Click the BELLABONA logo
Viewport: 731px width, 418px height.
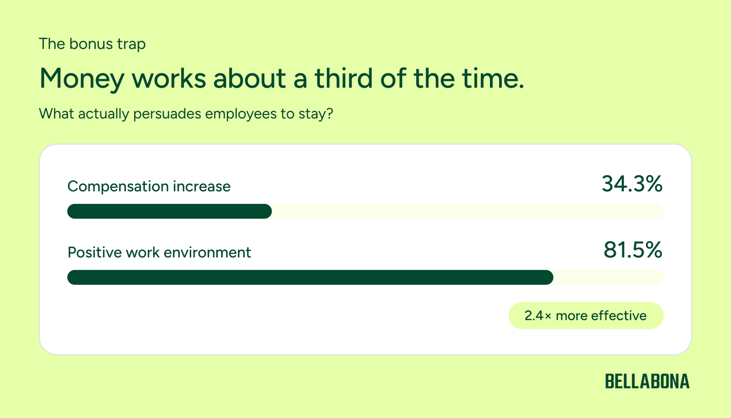[647, 381]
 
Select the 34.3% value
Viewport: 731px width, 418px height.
[632, 184]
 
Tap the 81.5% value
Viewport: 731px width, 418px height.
[633, 250]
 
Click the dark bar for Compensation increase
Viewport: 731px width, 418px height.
[169, 211]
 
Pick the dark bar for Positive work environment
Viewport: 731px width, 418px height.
[310, 277]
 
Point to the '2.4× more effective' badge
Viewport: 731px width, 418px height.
[586, 315]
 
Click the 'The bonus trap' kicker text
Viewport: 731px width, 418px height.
[92, 44]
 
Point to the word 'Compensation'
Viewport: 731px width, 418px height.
[118, 187]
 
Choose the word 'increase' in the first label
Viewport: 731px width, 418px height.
[201, 186]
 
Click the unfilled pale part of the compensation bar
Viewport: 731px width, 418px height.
[468, 211]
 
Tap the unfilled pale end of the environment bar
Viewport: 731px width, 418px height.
[608, 277]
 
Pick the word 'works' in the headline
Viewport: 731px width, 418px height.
[169, 78]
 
